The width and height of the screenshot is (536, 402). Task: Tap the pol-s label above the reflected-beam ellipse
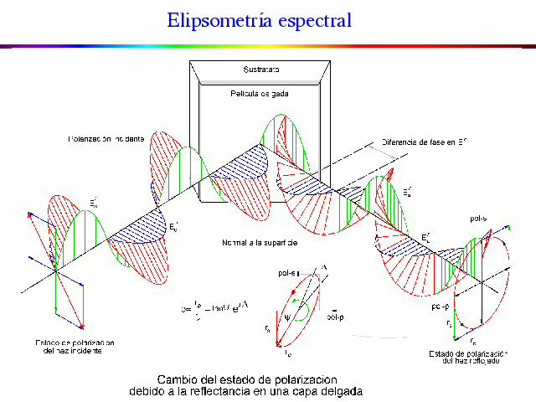point(479,219)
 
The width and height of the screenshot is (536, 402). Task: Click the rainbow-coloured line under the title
point(268,44)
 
